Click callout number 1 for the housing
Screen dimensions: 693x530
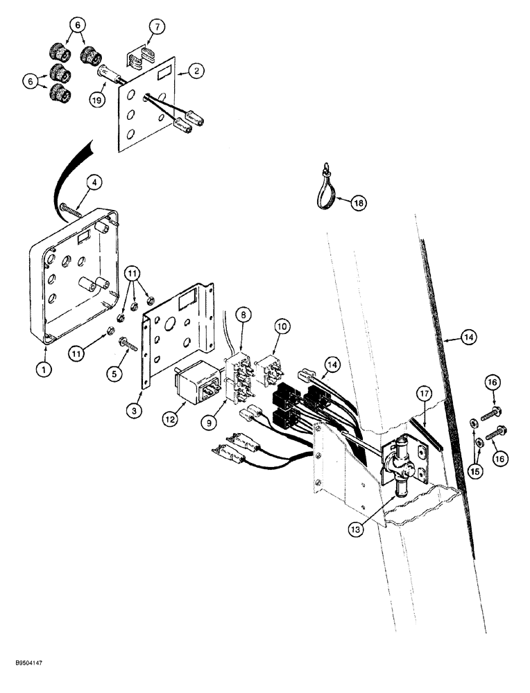click(x=44, y=370)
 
